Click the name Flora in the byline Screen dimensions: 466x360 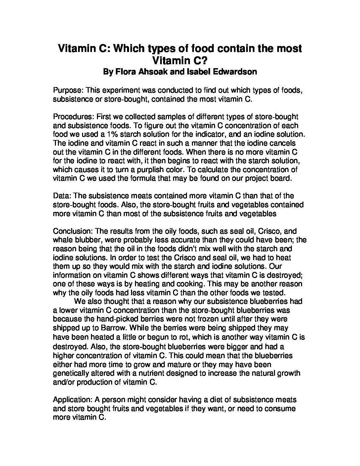(x=127, y=71)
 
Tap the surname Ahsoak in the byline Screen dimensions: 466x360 (x=156, y=71)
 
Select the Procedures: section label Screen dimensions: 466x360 (x=74, y=117)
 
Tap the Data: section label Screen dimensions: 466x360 (x=62, y=196)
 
